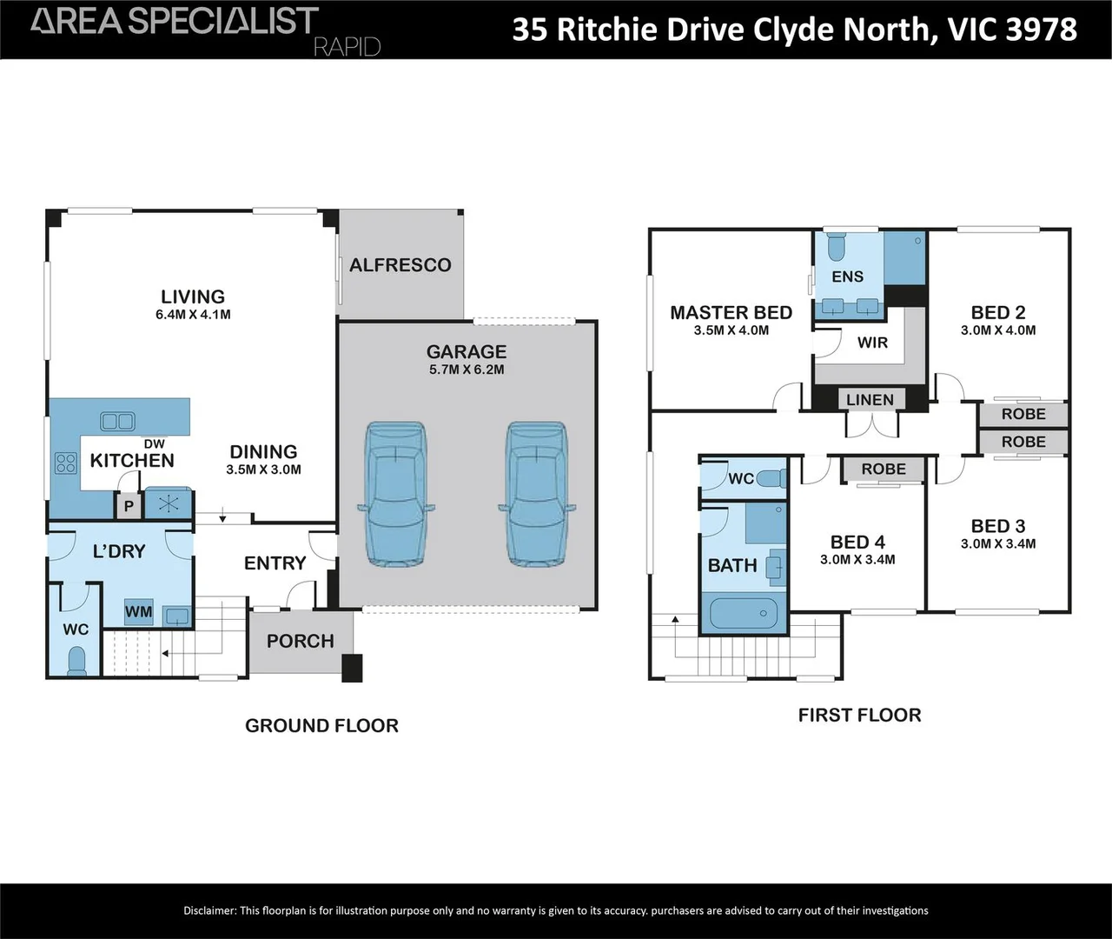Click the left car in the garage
point(396,494)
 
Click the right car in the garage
point(536,494)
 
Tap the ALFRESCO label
point(400,265)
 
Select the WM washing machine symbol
point(138,611)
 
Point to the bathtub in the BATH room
point(743,614)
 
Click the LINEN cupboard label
point(870,400)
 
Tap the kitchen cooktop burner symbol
point(66,463)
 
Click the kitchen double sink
point(117,422)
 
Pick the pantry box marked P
point(129,506)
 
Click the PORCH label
point(301,642)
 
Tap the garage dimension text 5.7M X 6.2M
point(467,370)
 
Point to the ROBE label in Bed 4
point(884,469)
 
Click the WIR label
point(872,343)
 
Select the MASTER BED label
point(731,313)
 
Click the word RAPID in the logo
point(347,46)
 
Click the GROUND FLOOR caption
point(321,726)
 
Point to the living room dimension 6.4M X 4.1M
point(193,315)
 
